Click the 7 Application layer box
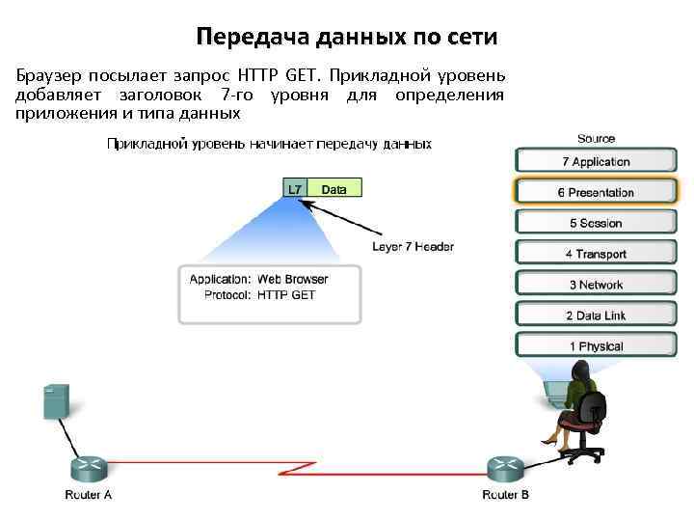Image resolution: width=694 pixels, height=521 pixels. [x=596, y=161]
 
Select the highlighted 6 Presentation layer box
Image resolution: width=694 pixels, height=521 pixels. [x=596, y=192]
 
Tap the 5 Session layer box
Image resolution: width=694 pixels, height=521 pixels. [x=596, y=223]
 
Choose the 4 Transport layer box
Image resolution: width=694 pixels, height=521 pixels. [x=596, y=254]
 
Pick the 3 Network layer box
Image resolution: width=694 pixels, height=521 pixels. [x=596, y=285]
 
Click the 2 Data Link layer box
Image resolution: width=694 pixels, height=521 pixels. [x=596, y=315]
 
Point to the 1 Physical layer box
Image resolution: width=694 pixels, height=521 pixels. [x=596, y=346]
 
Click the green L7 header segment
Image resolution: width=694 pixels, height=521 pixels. [x=295, y=189]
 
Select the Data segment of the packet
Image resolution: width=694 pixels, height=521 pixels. [x=334, y=189]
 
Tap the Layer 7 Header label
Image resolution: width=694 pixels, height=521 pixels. [x=413, y=246]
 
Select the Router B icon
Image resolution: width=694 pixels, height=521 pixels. [x=506, y=469]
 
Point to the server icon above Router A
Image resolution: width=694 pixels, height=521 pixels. [x=56, y=400]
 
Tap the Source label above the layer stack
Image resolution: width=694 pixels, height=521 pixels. [x=596, y=139]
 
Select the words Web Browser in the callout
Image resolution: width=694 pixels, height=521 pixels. [x=292, y=279]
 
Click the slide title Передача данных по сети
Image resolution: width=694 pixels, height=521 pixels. [x=347, y=38]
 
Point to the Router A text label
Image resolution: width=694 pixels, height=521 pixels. [x=89, y=495]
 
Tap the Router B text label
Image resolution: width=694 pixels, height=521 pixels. [x=505, y=495]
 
